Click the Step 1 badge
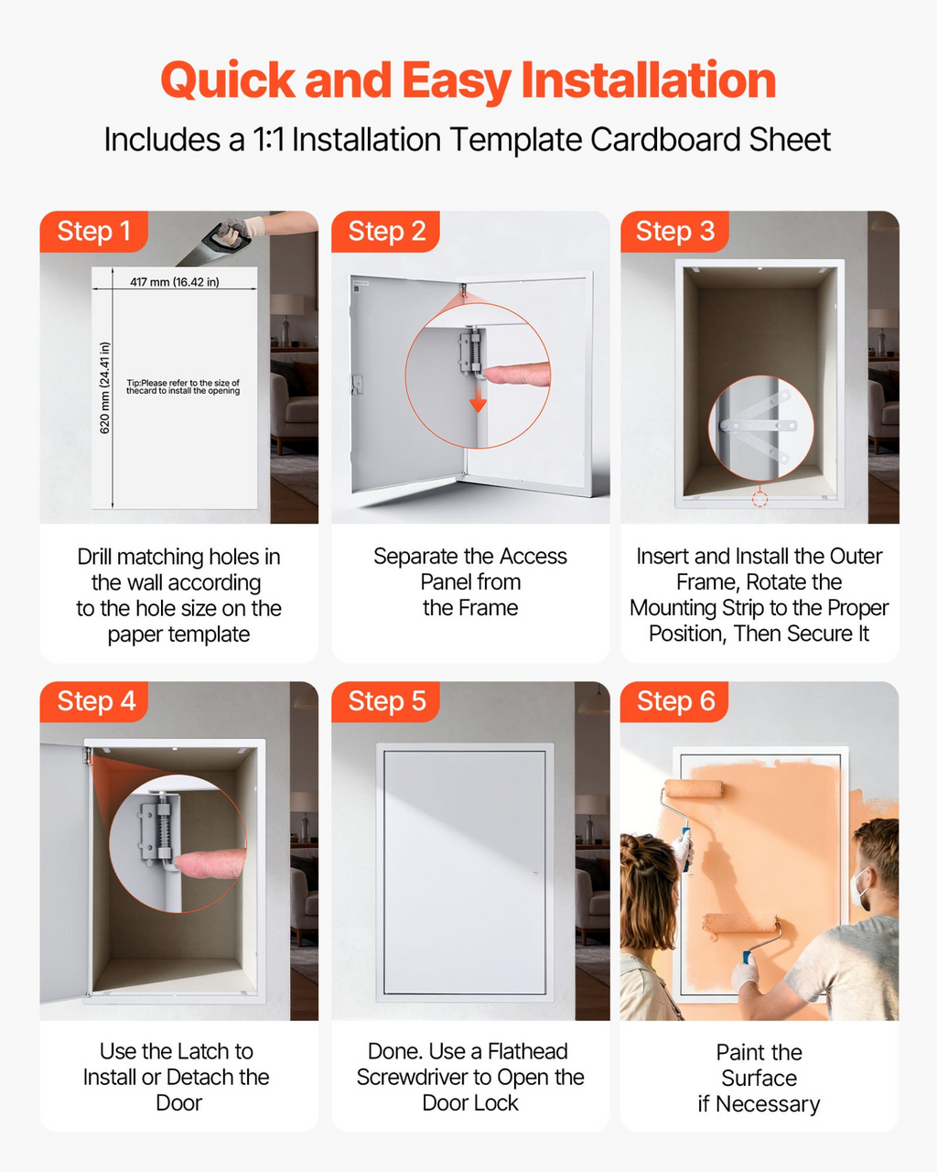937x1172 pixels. click(x=93, y=232)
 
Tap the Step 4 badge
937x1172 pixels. click(x=93, y=701)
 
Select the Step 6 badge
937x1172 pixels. click(x=674, y=701)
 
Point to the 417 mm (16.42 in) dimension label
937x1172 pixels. click(x=174, y=282)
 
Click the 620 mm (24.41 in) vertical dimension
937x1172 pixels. click(x=105, y=387)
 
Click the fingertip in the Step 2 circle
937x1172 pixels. click(x=516, y=374)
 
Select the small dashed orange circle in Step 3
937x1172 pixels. click(x=759, y=498)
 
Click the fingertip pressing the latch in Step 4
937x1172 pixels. click(x=210, y=863)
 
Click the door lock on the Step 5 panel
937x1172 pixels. click(x=534, y=873)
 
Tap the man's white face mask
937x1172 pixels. click(x=859, y=889)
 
